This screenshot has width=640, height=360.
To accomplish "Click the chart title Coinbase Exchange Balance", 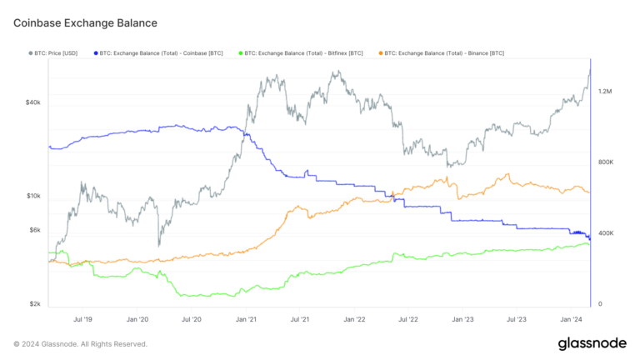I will click(x=85, y=22).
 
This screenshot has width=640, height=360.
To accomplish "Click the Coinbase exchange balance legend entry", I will click(x=160, y=52).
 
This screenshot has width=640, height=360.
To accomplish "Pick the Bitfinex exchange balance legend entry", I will click(x=304, y=52).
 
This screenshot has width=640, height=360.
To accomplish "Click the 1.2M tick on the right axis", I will click(x=606, y=91).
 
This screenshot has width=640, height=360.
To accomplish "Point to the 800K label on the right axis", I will click(x=607, y=162).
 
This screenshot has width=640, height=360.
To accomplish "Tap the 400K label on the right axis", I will click(x=607, y=233).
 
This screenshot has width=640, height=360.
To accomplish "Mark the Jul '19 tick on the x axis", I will click(x=83, y=319).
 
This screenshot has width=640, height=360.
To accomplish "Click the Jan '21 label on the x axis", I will click(x=246, y=319).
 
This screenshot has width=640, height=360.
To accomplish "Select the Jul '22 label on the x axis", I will click(x=408, y=319).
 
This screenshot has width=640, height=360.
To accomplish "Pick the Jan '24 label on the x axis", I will click(x=571, y=319).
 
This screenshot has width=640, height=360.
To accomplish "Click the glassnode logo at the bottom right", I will click(x=592, y=342).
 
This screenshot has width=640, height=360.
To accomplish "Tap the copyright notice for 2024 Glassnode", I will click(x=80, y=343).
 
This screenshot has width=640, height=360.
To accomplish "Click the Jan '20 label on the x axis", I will click(x=137, y=319).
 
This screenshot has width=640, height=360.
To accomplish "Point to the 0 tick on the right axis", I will click(x=601, y=304).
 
